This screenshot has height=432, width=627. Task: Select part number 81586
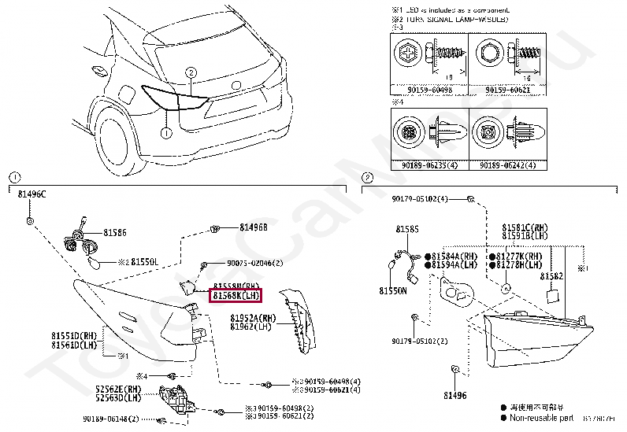pyautogui.click(x=113, y=233)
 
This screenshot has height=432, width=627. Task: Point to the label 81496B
pyautogui.click(x=254, y=227)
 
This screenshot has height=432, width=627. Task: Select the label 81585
pyautogui.click(x=407, y=229)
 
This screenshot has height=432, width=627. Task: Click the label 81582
pyautogui.click(x=551, y=276)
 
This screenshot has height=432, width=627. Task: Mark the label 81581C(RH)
pyautogui.click(x=525, y=226)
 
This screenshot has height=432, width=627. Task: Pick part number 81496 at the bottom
pyautogui.click(x=454, y=396)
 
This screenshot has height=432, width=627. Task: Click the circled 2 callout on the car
pyautogui.click(x=190, y=73)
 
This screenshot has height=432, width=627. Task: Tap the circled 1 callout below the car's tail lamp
pyautogui.click(x=166, y=133)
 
